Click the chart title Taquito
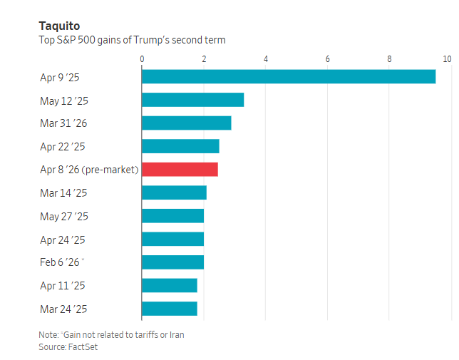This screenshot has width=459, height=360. click(59, 26)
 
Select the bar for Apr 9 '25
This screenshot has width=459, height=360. click(288, 76)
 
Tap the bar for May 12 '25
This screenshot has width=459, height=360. click(192, 100)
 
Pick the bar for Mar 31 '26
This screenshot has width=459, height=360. click(186, 123)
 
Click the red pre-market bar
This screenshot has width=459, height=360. click(180, 170)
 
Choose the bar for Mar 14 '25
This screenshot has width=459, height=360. click(174, 192)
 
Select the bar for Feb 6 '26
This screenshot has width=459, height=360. click(172, 262)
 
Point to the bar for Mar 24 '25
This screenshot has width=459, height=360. click(169, 309)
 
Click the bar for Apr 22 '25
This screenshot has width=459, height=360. click(180, 146)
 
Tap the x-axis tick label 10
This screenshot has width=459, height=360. click(447, 58)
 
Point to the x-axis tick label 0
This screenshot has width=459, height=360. click(142, 58)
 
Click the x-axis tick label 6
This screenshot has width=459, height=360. click(328, 58)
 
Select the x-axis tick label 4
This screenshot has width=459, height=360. click(266, 58)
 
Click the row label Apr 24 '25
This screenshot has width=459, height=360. click(63, 240)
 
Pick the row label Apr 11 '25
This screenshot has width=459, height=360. click(63, 286)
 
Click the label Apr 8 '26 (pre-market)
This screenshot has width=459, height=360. click(89, 170)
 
